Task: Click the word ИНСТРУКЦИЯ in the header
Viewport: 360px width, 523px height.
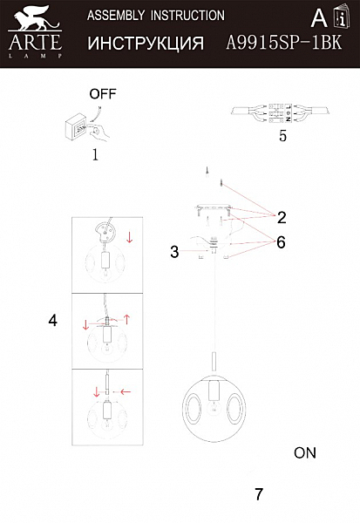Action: click(146, 44)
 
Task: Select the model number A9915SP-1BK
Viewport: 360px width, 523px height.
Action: click(284, 43)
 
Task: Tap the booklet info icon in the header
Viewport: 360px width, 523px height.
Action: click(342, 16)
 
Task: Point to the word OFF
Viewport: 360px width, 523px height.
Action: click(103, 94)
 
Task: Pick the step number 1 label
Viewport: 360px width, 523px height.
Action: click(95, 154)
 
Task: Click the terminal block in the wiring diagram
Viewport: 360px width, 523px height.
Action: click(281, 112)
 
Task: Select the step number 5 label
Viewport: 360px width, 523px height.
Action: click(282, 136)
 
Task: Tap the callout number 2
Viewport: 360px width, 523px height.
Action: click(282, 217)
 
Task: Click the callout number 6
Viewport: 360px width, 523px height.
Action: click(281, 242)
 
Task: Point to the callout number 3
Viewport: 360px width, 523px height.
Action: click(174, 252)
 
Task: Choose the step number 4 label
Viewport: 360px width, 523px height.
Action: click(52, 320)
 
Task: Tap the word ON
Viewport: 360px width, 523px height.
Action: click(305, 452)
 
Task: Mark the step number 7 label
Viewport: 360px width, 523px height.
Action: click(259, 494)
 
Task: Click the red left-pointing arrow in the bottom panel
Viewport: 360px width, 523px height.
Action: click(126, 391)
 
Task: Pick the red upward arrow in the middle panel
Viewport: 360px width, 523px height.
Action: click(126, 319)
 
